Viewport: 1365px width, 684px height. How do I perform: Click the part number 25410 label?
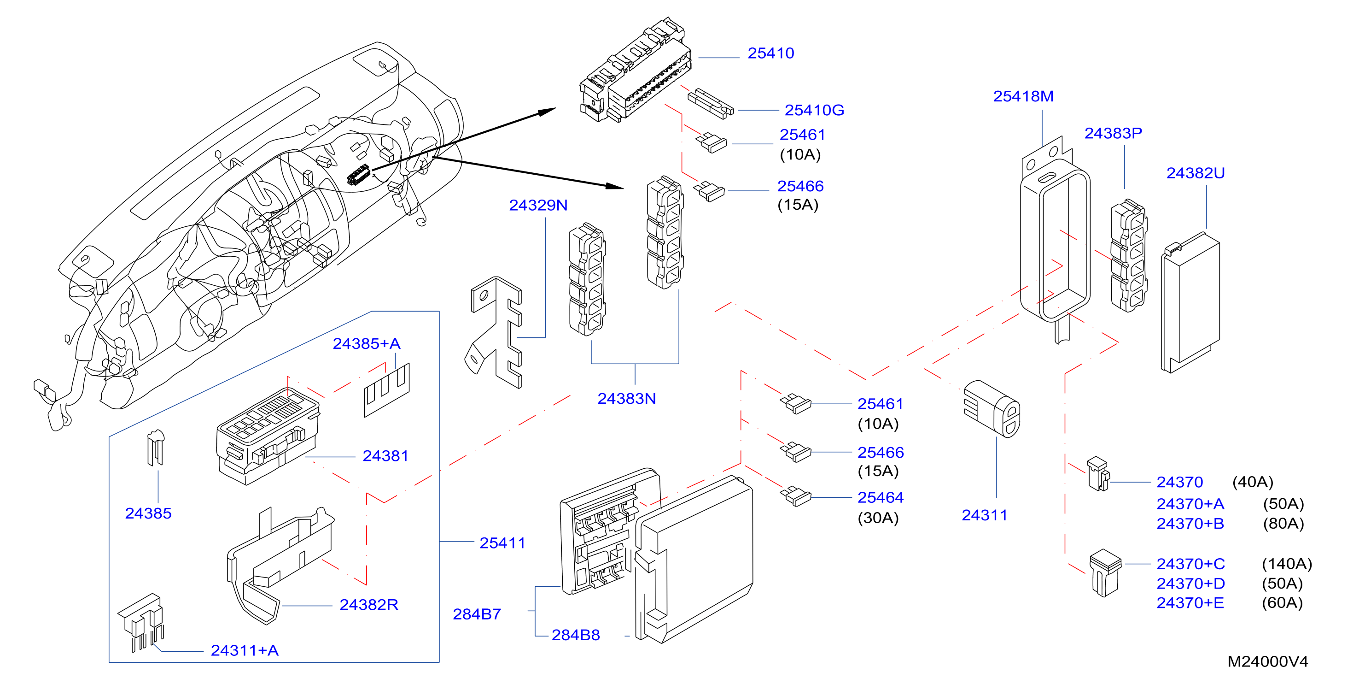[x=770, y=53]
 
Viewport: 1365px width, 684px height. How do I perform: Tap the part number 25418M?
[x=1023, y=96]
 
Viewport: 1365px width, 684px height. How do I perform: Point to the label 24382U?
[x=1196, y=173]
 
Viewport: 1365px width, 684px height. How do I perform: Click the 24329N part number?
[x=538, y=205]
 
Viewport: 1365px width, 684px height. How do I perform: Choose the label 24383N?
[x=626, y=399]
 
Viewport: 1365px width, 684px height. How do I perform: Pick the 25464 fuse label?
[x=880, y=497]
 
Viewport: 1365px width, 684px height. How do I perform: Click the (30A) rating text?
[x=878, y=518]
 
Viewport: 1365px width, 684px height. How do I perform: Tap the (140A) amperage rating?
[x=1287, y=564]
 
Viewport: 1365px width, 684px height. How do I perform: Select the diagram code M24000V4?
[x=1267, y=662]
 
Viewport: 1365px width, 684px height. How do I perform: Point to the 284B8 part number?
[x=576, y=635]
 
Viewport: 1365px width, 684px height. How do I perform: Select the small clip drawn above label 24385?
[x=155, y=448]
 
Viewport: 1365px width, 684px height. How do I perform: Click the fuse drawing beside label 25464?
[x=796, y=496]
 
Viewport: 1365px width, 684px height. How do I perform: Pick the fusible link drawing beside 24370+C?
[x=1105, y=572]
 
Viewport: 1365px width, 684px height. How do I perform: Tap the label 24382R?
[x=368, y=605]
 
